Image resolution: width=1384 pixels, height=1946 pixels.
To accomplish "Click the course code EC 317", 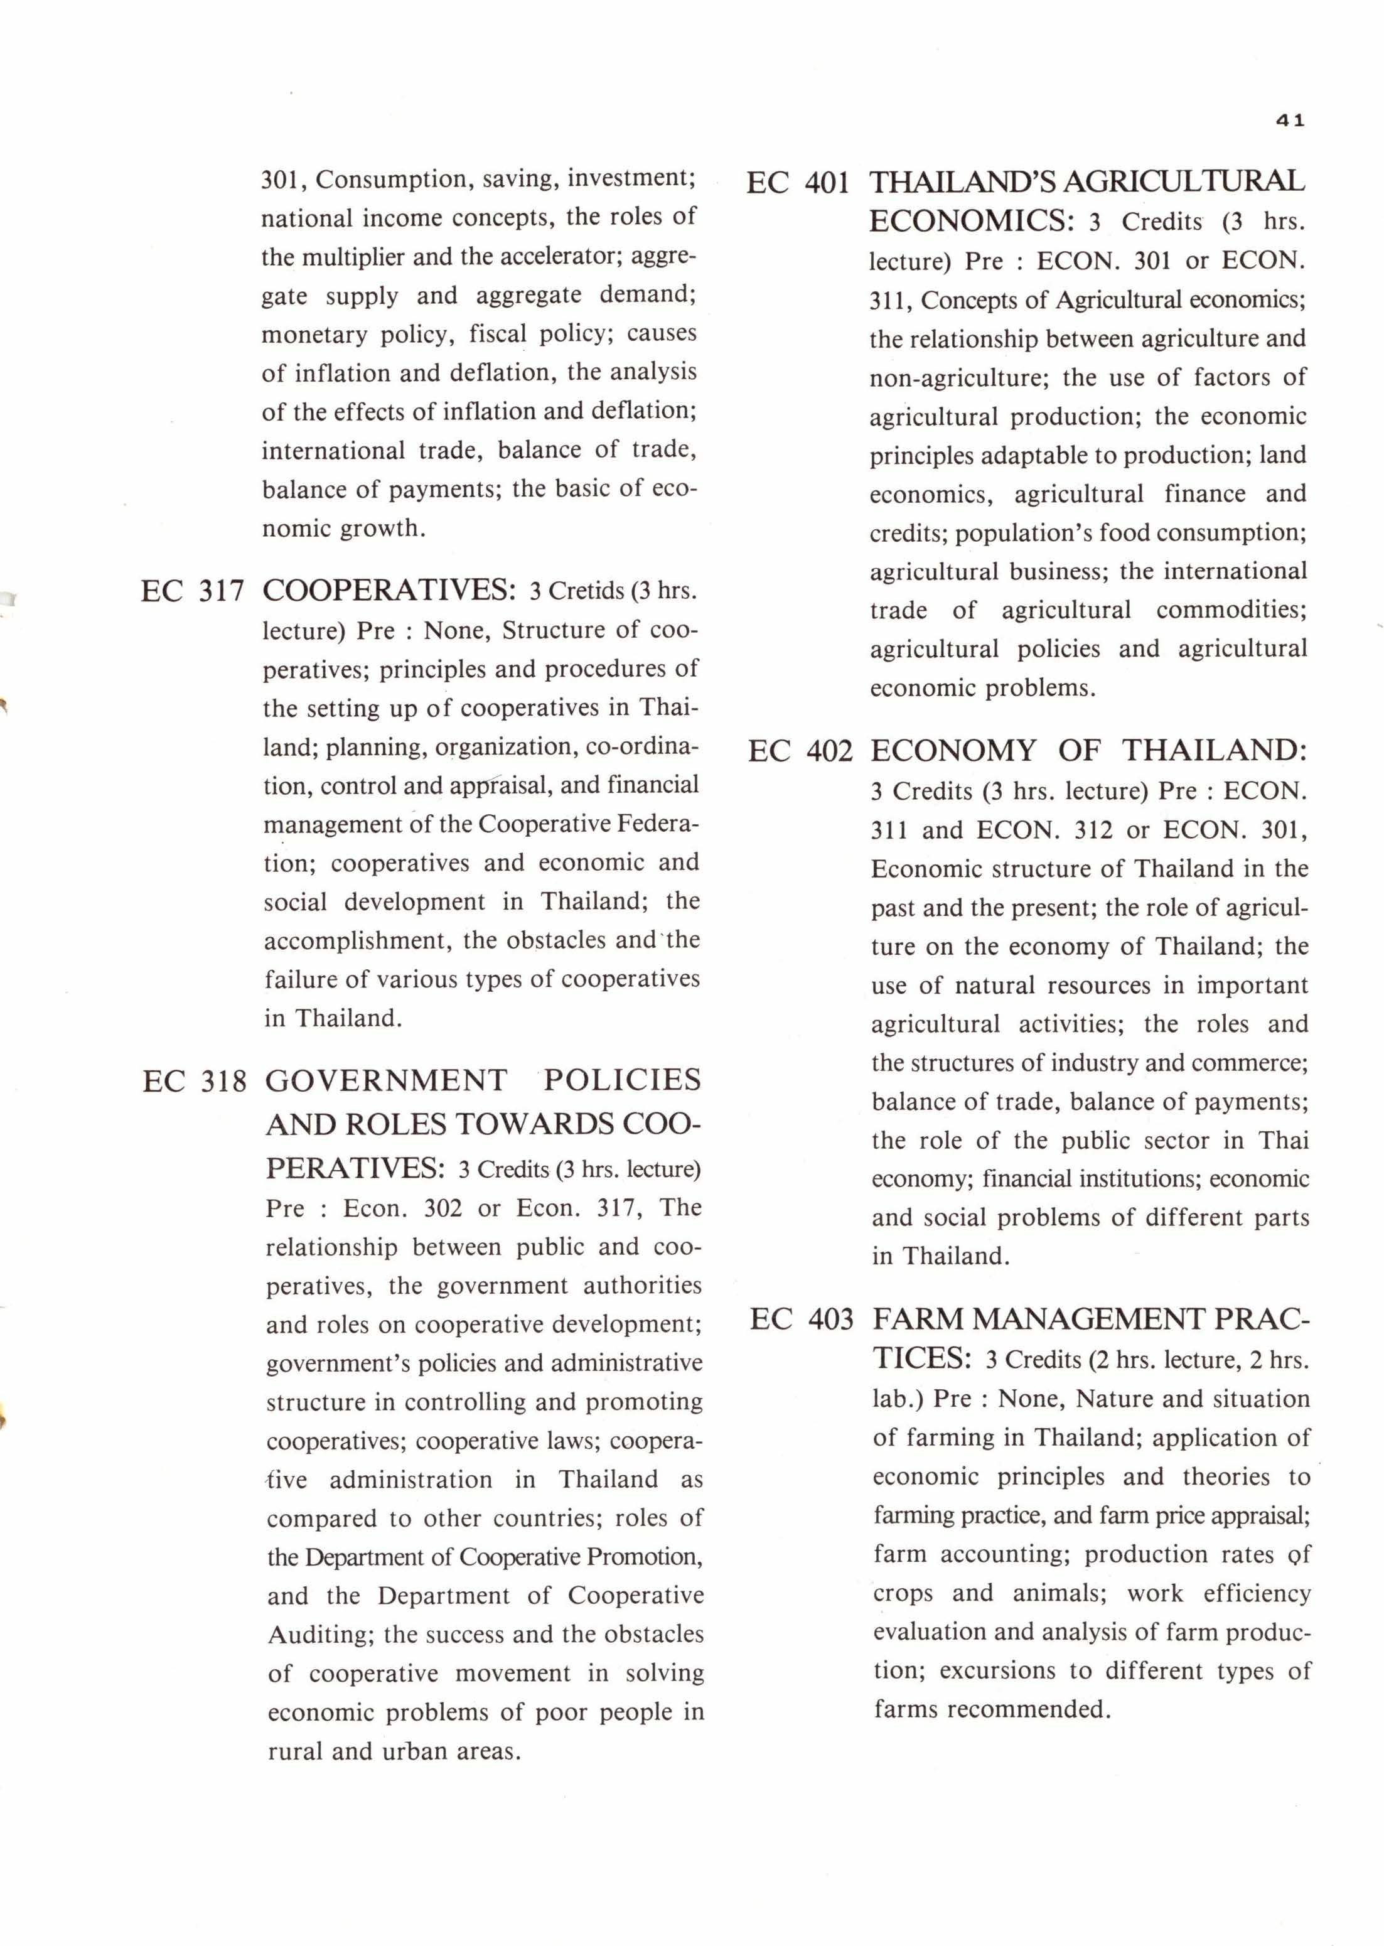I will [x=193, y=591].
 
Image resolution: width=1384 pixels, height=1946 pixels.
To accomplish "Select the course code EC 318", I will [x=195, y=1082].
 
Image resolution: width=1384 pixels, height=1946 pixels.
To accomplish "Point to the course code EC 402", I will [x=800, y=751].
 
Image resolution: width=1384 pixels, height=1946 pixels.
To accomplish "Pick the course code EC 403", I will [x=801, y=1320].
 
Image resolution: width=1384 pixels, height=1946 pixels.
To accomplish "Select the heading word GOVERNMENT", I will [x=386, y=1080].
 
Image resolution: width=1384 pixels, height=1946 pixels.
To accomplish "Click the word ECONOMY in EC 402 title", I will [x=953, y=751].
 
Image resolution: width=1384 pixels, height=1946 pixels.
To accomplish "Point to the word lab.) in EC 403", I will [x=898, y=1399].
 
